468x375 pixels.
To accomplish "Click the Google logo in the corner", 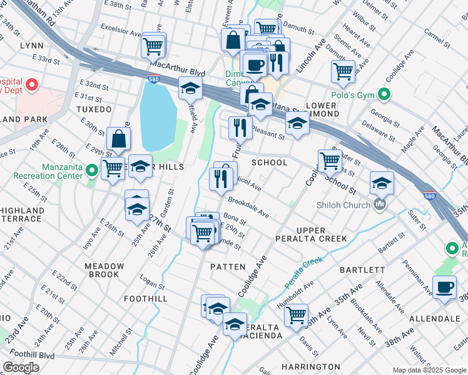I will pyautogui.click(x=21, y=367).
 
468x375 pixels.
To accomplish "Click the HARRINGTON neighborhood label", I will pyautogui.click(x=310, y=366).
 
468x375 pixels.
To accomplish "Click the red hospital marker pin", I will pyautogui.click(x=31, y=84).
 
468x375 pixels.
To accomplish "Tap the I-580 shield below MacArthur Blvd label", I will pyautogui.click(x=153, y=79).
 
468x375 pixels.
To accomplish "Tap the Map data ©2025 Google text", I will pyautogui.click(x=429, y=369).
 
